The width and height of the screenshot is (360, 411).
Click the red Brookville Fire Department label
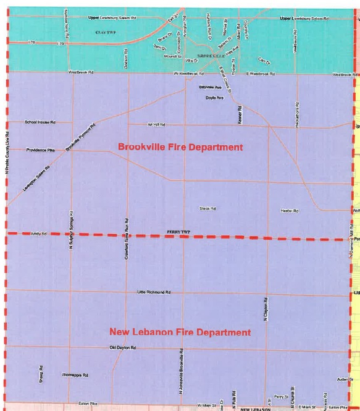click(180, 147)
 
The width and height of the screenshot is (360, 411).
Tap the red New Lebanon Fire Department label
click(180, 333)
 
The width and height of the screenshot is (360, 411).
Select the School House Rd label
click(40, 122)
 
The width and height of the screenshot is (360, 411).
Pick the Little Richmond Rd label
click(154, 292)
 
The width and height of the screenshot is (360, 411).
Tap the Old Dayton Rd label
click(122, 349)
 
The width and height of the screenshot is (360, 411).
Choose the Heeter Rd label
click(290, 211)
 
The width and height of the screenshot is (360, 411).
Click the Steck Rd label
click(207, 209)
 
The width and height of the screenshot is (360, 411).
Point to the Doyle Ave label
click(214, 98)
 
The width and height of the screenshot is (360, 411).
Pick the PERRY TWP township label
click(177, 232)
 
